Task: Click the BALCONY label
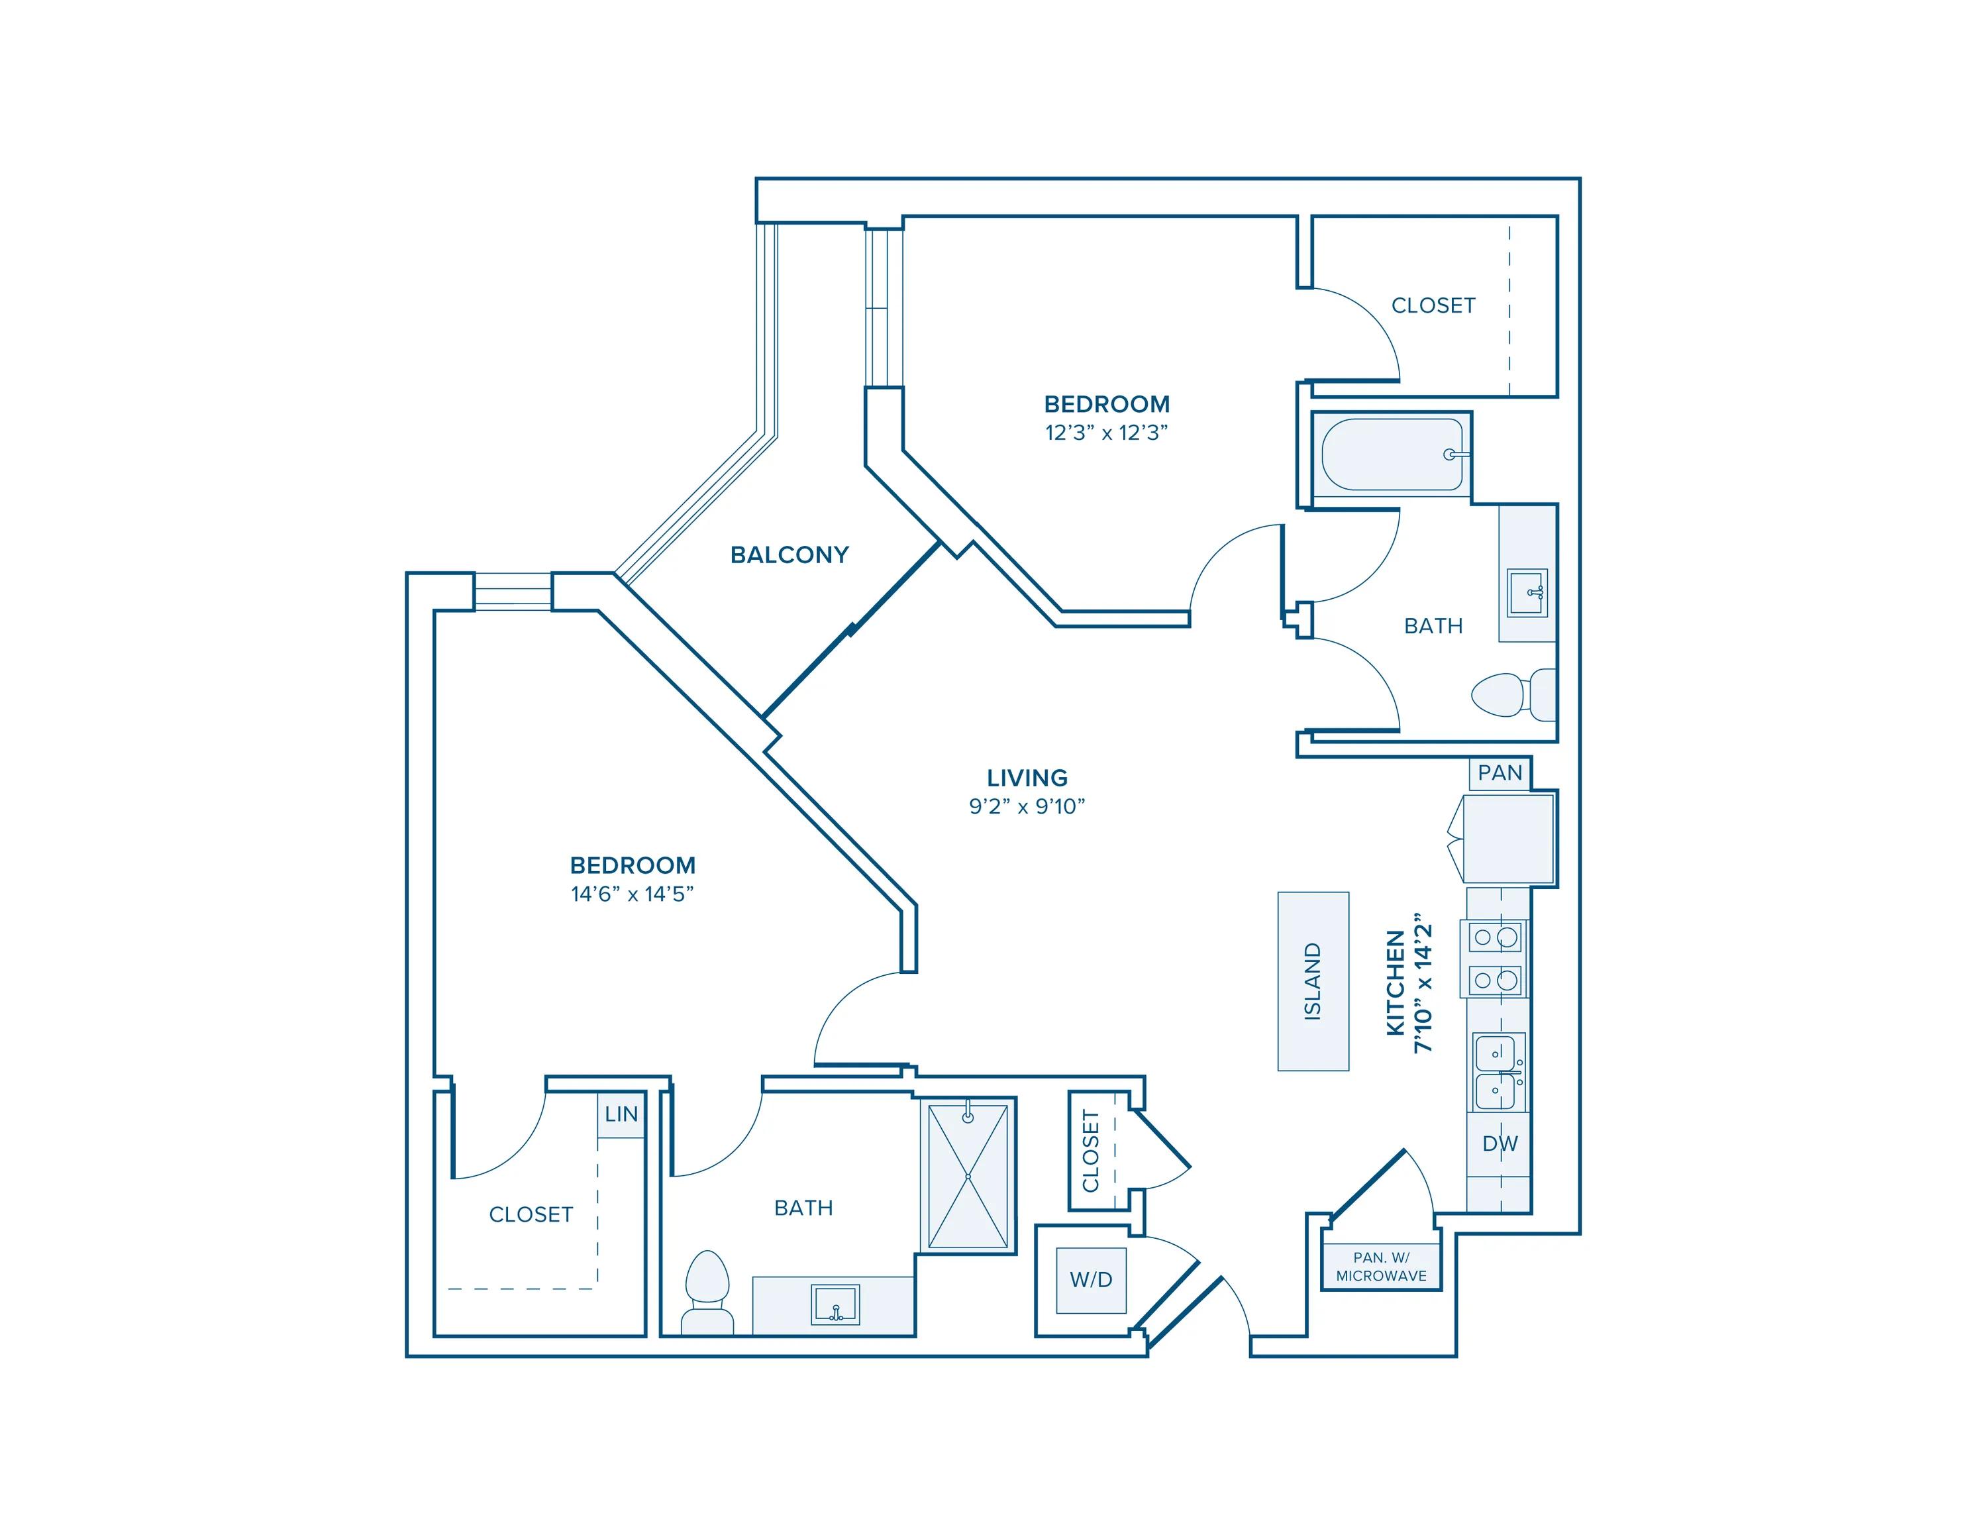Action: pyautogui.click(x=789, y=555)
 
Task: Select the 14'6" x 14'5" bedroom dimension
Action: pyautogui.click(x=633, y=894)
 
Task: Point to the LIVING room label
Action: pyautogui.click(x=1027, y=778)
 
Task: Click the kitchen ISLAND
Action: pyautogui.click(x=1313, y=981)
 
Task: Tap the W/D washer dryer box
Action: pyautogui.click(x=1091, y=1279)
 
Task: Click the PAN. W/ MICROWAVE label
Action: pyautogui.click(x=1381, y=1267)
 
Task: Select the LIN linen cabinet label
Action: pyautogui.click(x=621, y=1114)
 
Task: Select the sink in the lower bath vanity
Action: pyautogui.click(x=835, y=1305)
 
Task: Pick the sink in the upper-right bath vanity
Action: pyautogui.click(x=1527, y=592)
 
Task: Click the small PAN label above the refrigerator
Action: pyautogui.click(x=1500, y=773)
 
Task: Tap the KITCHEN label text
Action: pyautogui.click(x=1396, y=982)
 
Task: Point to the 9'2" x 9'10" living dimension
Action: pyautogui.click(x=1027, y=806)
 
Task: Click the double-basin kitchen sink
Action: pyautogui.click(x=1497, y=1072)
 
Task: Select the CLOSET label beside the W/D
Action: pyautogui.click(x=1091, y=1151)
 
